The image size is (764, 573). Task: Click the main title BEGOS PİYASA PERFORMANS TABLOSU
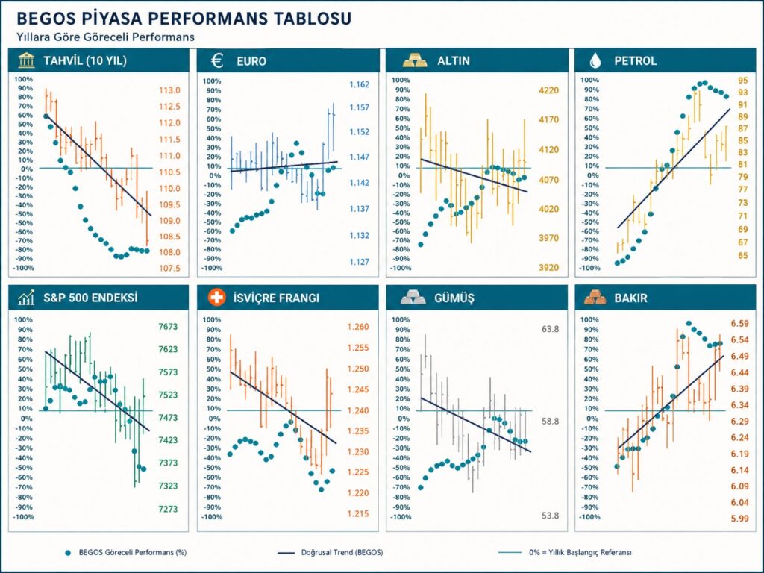pyautogui.click(x=184, y=19)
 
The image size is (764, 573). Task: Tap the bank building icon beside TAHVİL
pyautogui.click(x=26, y=61)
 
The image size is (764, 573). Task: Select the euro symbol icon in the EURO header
pyautogui.click(x=217, y=61)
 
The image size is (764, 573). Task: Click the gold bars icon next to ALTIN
pyautogui.click(x=415, y=61)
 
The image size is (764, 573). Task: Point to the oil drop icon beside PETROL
pyautogui.click(x=595, y=61)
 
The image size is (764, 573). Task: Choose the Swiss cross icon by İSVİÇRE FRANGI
pyautogui.click(x=216, y=297)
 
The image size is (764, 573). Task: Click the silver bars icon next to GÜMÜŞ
pyautogui.click(x=413, y=297)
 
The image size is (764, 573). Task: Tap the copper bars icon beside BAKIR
pyautogui.click(x=595, y=297)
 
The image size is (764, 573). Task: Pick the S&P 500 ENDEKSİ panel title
pyautogui.click(x=90, y=297)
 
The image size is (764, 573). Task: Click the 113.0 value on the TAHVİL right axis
pyautogui.click(x=169, y=90)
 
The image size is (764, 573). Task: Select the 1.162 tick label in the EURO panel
pyautogui.click(x=359, y=85)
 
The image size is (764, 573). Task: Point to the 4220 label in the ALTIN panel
pyautogui.click(x=548, y=90)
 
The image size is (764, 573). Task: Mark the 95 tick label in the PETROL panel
pyautogui.click(x=742, y=81)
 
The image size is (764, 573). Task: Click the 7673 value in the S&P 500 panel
pyautogui.click(x=168, y=327)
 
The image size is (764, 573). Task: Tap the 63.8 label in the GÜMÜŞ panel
pyautogui.click(x=550, y=329)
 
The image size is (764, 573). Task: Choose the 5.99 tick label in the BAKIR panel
pyautogui.click(x=739, y=519)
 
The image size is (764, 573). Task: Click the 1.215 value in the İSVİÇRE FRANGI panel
pyautogui.click(x=358, y=513)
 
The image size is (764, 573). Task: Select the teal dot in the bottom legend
pyautogui.click(x=68, y=553)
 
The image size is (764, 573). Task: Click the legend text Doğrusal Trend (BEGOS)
pyautogui.click(x=342, y=553)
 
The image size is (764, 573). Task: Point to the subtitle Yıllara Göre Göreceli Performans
pyautogui.click(x=105, y=37)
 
